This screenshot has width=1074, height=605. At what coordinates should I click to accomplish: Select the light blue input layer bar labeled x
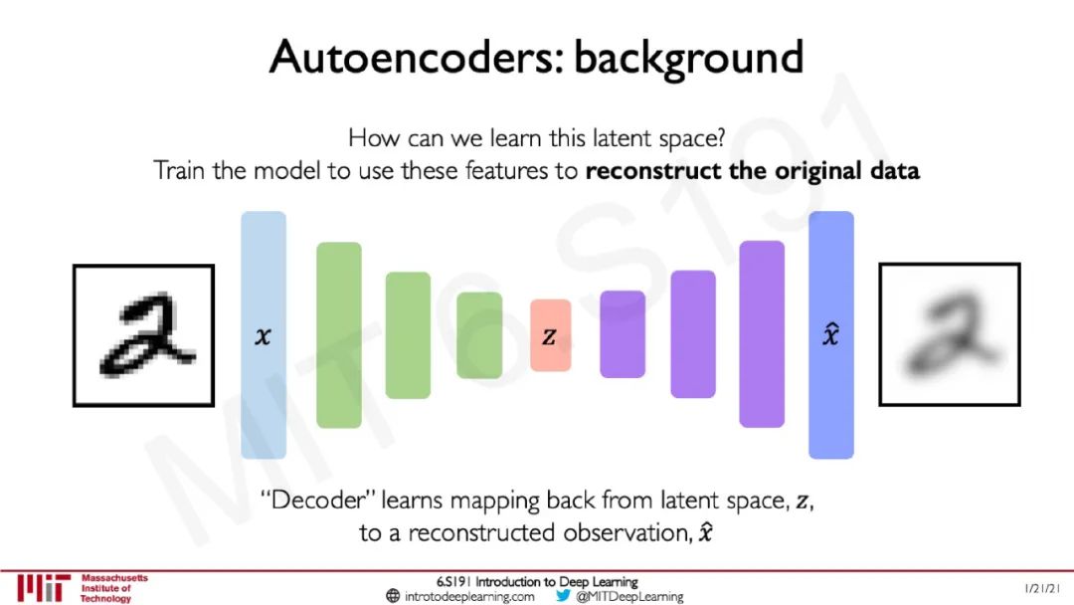[264, 335]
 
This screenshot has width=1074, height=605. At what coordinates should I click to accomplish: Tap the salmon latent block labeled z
[550, 335]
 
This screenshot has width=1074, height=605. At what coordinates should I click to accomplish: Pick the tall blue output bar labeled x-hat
[831, 335]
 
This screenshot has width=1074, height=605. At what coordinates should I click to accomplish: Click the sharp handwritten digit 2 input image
[143, 335]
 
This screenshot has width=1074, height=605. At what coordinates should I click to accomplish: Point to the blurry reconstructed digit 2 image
[950, 335]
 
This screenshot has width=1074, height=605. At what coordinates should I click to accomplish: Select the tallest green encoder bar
[339, 335]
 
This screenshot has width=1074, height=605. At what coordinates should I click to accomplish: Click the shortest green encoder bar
[479, 335]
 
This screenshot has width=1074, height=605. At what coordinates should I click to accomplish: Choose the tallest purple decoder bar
[762, 334]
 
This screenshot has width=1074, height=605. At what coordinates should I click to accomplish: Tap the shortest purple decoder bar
[623, 334]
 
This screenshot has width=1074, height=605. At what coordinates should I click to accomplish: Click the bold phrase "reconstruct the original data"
[753, 170]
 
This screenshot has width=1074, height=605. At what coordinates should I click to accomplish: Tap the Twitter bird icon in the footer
[563, 596]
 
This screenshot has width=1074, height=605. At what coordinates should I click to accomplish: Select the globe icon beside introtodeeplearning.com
[394, 597]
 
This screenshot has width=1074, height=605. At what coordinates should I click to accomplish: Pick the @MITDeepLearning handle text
[629, 597]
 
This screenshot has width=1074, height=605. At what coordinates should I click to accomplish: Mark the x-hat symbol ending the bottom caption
[706, 532]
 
